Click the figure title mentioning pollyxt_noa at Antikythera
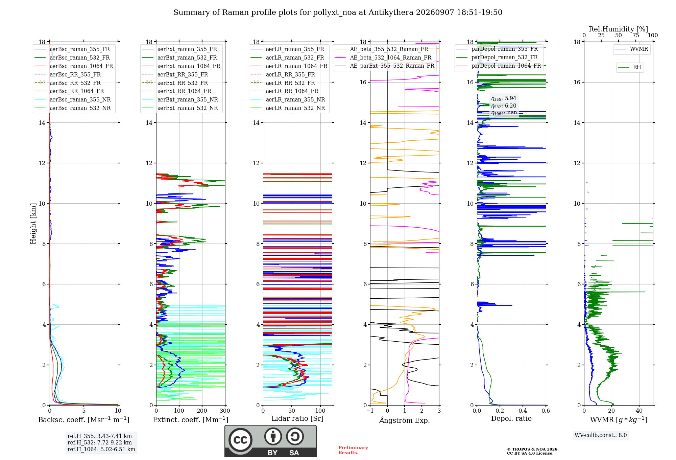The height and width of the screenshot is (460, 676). tap(338, 13)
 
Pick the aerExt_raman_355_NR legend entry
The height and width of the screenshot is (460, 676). tap(180, 99)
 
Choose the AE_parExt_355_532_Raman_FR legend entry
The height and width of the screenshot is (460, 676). tap(385, 66)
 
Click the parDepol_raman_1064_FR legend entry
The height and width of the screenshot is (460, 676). tap(499, 66)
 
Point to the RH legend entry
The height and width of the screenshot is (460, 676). tap(629, 67)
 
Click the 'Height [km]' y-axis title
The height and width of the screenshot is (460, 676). tap(33, 224)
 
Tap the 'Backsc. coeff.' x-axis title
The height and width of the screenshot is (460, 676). tap(84, 419)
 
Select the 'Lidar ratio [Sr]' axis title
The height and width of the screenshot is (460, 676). tap(297, 418)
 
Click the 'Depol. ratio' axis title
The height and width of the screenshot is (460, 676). tap(511, 418)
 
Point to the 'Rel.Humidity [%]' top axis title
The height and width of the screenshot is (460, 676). tap(619, 29)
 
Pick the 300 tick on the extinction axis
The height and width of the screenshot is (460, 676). tap(225, 411)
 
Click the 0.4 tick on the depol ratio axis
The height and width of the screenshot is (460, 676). tap(523, 411)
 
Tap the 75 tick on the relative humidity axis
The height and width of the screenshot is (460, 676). tap(636, 35)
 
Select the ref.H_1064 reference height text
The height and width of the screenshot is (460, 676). tap(101, 450)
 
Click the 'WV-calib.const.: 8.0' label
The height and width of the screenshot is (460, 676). tap(601, 435)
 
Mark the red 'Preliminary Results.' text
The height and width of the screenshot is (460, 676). tap(353, 450)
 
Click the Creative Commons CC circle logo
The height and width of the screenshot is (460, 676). tap(240, 440)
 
